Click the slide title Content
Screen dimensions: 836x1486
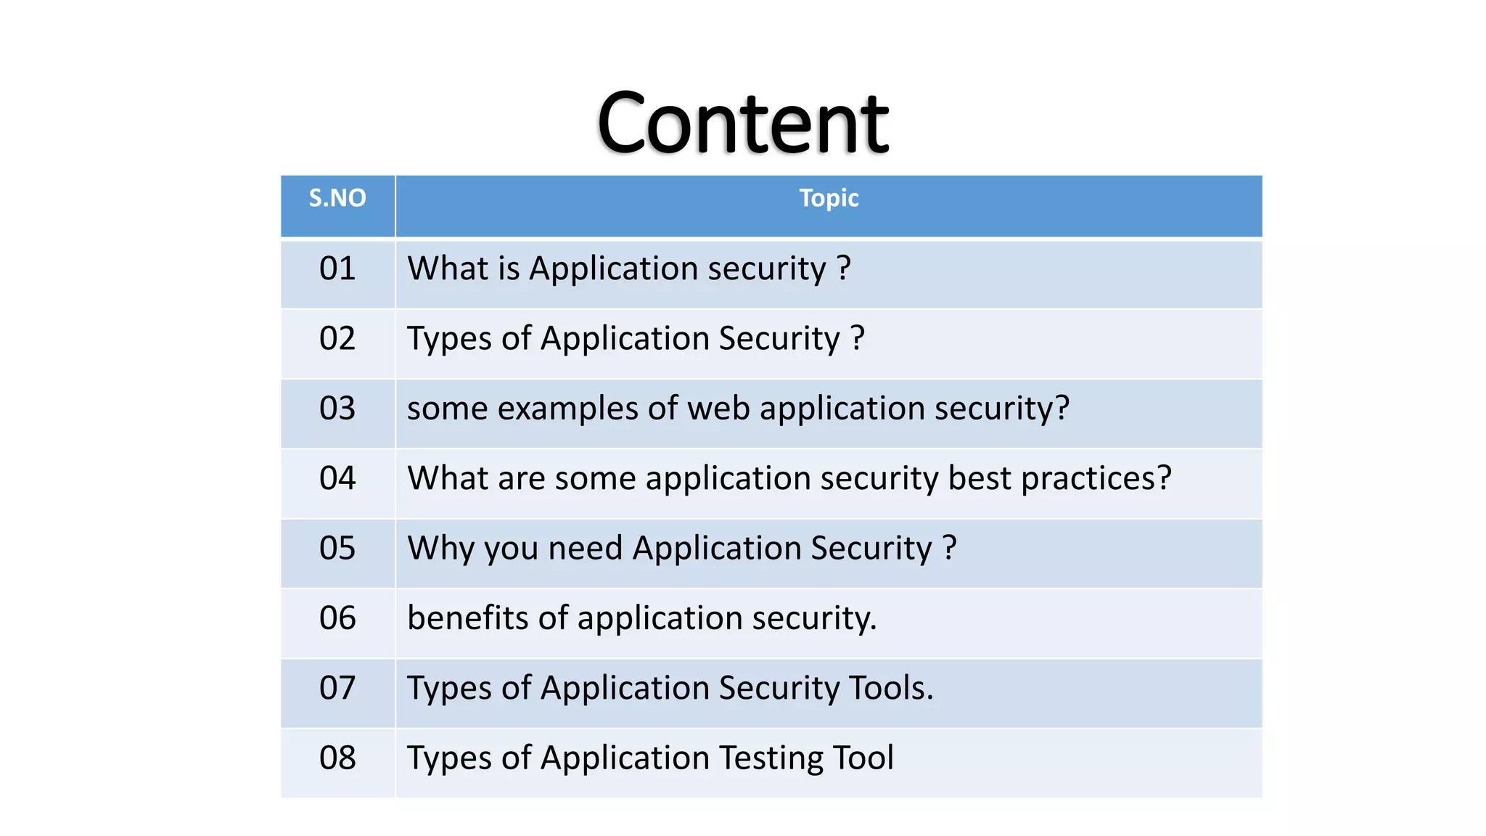742,123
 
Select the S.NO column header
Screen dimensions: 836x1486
337,198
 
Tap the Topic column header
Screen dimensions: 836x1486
829,198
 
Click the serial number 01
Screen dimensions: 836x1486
337,269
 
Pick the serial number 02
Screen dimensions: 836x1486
337,338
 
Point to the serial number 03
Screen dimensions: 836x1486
337,409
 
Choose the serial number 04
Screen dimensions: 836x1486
337,478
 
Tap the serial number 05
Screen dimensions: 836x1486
337,548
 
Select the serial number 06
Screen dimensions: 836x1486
337,618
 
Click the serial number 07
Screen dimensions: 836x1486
337,688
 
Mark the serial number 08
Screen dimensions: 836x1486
337,758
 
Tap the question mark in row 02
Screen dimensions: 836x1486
858,338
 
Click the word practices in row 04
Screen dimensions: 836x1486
1096,479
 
